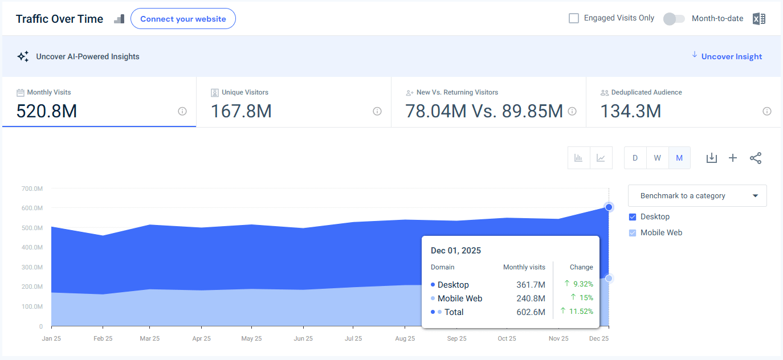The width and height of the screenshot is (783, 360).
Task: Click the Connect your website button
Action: tap(183, 19)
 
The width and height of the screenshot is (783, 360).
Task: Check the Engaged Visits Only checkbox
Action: tap(574, 18)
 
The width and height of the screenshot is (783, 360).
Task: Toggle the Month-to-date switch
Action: tap(674, 19)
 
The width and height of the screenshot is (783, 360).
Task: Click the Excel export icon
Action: tap(758, 19)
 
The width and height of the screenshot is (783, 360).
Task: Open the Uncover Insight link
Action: tap(731, 56)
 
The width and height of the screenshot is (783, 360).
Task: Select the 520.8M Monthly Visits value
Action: tap(46, 111)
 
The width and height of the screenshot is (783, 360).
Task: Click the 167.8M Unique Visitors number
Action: tap(241, 111)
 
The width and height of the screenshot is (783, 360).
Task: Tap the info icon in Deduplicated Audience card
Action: tap(767, 111)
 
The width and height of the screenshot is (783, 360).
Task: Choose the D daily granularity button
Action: tap(635, 158)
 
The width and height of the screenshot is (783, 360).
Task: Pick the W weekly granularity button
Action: tap(657, 158)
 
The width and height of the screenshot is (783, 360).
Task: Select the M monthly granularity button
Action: tap(679, 158)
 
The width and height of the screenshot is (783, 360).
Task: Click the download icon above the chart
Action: tap(711, 158)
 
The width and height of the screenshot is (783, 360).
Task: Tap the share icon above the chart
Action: tap(756, 158)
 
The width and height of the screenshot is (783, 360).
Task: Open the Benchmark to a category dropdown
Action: tap(697, 196)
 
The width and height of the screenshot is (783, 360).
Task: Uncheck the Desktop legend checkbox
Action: tap(633, 217)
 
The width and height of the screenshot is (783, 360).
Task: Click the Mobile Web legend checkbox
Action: tap(633, 233)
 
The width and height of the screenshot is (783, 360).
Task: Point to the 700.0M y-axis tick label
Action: tap(32, 189)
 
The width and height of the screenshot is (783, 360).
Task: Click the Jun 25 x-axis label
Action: tap(303, 338)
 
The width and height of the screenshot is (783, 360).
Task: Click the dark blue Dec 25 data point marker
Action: tap(609, 207)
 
